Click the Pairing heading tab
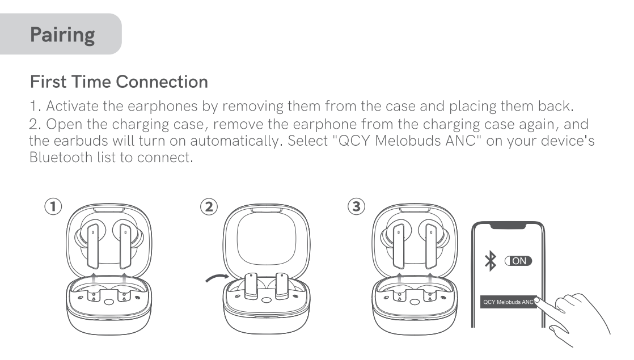tap(62, 35)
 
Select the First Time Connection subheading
tap(119, 82)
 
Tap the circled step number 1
tap(53, 206)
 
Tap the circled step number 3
tap(356, 206)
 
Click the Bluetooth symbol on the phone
tap(489, 261)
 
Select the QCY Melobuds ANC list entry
tap(508, 302)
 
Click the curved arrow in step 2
tap(215, 277)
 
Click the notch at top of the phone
tap(508, 225)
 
